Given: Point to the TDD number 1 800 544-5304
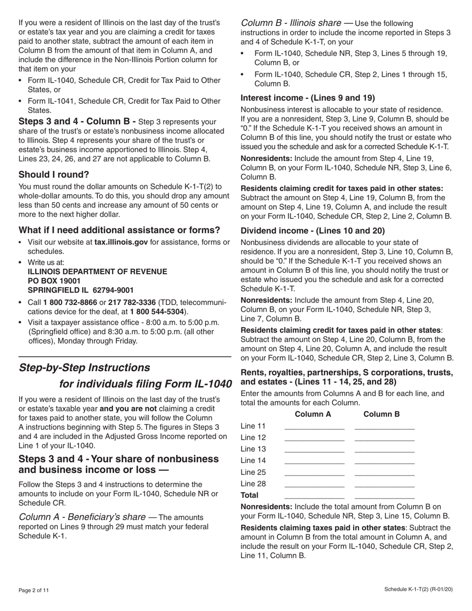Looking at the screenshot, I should (158, 312).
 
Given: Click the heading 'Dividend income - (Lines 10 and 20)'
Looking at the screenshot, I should (313, 230).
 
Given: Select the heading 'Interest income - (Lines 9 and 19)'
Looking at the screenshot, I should (308, 97).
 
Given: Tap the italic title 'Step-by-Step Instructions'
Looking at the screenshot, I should (84, 368).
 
